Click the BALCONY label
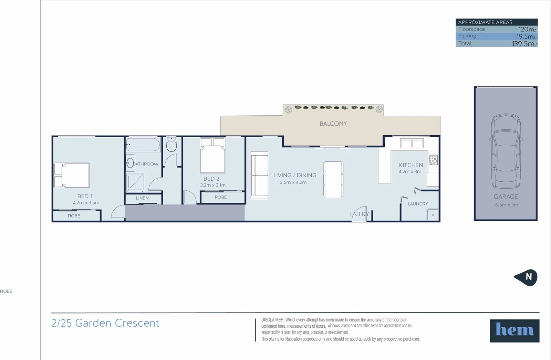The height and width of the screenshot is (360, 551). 333,124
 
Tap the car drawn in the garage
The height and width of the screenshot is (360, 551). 506,151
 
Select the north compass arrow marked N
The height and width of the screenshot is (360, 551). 526,277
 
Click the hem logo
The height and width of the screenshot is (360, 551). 514,331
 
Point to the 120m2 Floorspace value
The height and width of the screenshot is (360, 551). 527,29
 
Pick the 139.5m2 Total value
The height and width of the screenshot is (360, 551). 524,44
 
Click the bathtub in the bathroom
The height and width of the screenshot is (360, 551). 143,145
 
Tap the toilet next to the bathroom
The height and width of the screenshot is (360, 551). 171,144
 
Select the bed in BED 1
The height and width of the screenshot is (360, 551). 72,175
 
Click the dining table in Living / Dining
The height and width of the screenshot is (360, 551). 333,180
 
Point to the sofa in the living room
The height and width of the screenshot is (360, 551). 259,175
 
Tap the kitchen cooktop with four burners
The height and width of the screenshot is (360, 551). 433,160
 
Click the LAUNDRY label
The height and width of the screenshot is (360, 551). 418,204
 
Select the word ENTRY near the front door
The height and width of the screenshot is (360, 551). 359,214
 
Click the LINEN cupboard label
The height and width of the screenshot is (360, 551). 142,198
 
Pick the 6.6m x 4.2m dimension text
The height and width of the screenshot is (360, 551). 293,182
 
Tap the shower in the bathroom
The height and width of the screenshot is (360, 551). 135,182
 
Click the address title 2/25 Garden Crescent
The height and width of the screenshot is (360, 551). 105,323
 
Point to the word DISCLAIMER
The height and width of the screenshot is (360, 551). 272,320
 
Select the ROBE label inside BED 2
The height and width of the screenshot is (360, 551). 221,197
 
